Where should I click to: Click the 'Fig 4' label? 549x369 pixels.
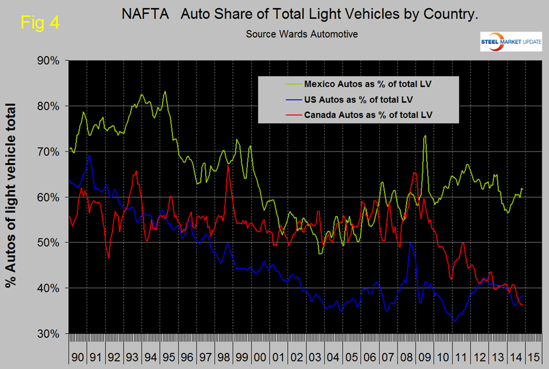pyautogui.click(x=39, y=23)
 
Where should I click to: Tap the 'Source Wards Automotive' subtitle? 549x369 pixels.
pyautogui.click(x=302, y=34)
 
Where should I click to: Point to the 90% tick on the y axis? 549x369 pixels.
pyautogui.click(x=50, y=60)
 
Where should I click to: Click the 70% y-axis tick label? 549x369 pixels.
pyautogui.click(x=50, y=152)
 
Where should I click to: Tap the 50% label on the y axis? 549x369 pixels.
pyautogui.click(x=50, y=243)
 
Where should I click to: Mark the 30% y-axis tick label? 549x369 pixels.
pyautogui.click(x=50, y=334)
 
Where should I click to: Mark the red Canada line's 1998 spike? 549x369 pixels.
pyautogui.click(x=228, y=166)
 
